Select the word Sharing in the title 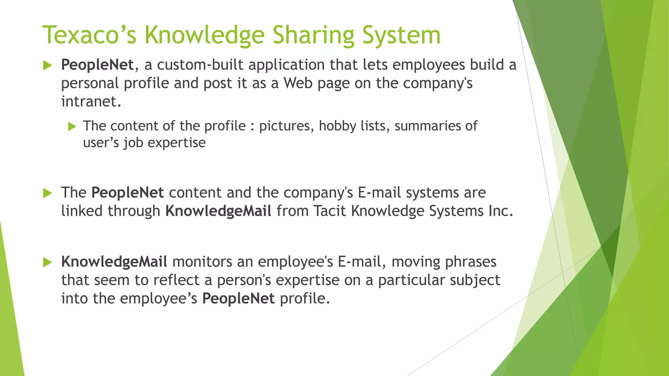[313, 35]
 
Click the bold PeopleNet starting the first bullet [97, 65]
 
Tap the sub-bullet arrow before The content [72, 126]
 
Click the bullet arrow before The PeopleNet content [47, 193]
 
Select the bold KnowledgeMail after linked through [218, 211]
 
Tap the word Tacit [330, 211]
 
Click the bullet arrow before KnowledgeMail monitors [47, 262]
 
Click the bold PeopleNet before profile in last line [238, 298]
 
